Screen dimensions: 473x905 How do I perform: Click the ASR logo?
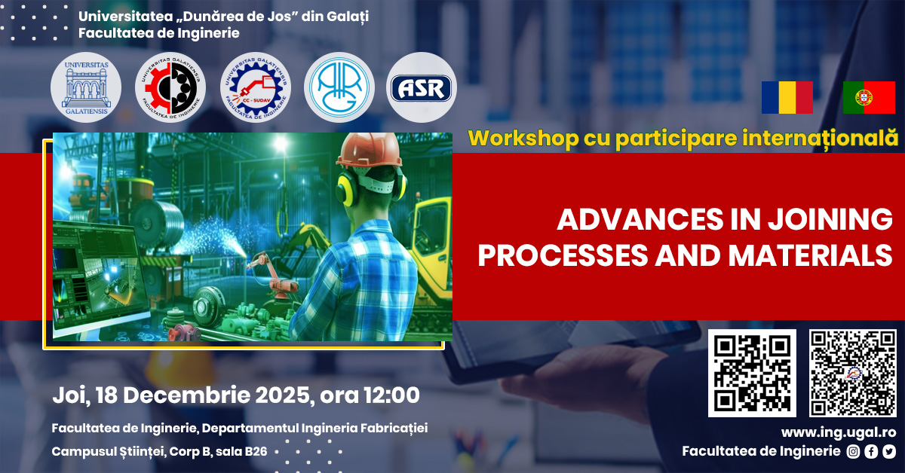422,88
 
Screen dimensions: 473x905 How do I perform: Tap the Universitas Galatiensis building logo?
86,88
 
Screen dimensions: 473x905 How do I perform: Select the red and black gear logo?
170,88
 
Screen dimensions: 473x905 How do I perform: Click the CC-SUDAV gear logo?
255,88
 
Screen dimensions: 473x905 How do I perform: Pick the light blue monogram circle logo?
339,88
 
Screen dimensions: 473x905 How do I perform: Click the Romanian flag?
787,97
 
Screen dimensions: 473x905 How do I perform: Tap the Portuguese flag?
869,97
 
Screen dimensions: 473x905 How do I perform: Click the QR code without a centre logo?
752,373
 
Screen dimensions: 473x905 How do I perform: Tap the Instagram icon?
853,452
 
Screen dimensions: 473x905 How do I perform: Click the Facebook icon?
871,452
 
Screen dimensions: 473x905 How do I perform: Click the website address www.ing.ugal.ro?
838,432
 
